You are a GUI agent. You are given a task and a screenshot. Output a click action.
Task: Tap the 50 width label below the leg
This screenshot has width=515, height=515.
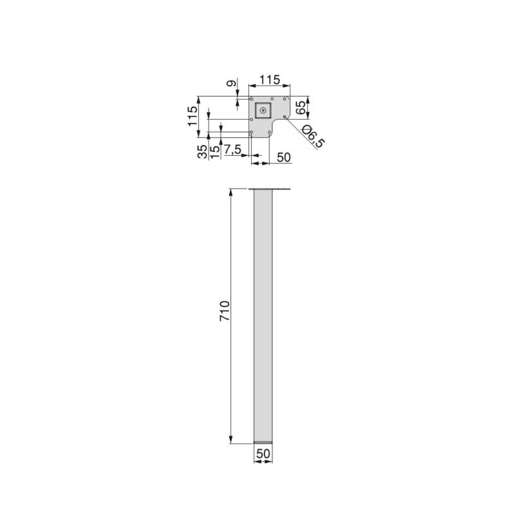point(263,454)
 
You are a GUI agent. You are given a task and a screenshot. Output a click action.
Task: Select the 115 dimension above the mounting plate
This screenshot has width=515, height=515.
point(269,80)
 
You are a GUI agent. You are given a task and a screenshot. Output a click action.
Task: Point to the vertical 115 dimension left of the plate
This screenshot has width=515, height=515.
point(192,117)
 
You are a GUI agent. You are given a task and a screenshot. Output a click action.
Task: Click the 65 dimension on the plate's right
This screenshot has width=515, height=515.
point(301,107)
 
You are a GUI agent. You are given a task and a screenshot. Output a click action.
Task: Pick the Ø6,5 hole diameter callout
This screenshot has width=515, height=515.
point(312,138)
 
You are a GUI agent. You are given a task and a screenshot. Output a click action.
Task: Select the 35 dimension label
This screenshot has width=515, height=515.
point(203,151)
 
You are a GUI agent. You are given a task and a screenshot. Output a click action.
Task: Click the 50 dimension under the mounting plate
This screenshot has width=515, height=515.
point(284,157)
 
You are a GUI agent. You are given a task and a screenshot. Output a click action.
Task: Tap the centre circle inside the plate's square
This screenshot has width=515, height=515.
point(263,111)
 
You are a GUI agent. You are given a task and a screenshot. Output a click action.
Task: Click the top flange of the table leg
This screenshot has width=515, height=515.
point(270,189)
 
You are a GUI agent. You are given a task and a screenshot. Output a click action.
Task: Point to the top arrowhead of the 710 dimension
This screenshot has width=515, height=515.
point(230,192)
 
